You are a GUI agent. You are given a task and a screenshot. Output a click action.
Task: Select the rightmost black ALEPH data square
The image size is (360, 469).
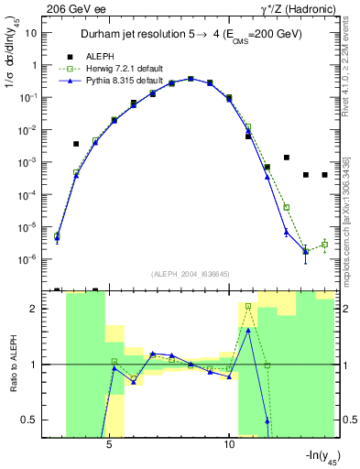324,175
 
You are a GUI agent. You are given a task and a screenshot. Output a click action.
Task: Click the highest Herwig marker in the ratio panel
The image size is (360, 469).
248,306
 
